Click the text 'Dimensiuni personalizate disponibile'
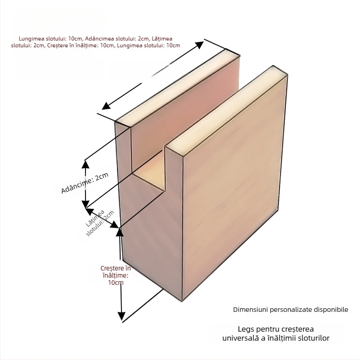click(290, 310)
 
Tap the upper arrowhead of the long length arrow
click(200, 44)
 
